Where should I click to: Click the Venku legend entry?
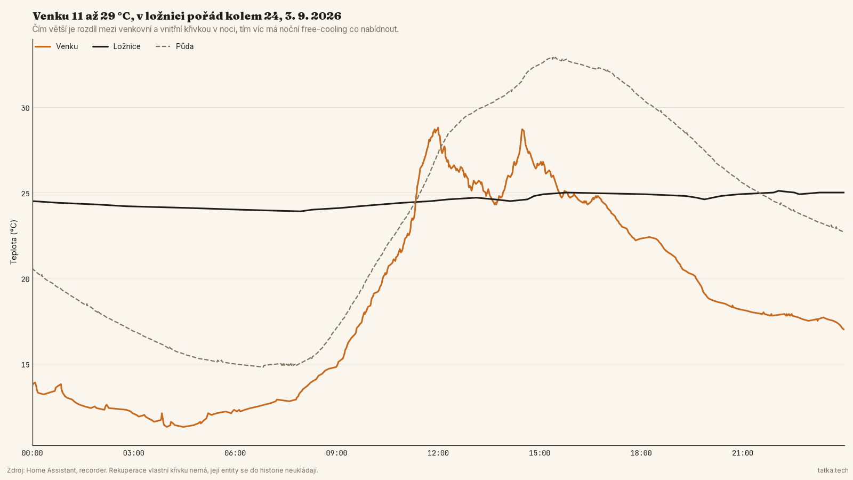pos(57,46)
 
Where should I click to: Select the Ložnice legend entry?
pos(117,46)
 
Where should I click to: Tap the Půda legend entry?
pos(175,46)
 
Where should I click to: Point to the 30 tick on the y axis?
pos(25,108)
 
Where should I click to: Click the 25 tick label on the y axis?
pos(25,194)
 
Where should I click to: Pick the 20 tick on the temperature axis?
pos(25,279)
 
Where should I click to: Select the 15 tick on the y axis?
pos(25,365)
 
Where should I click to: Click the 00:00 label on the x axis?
pos(33,453)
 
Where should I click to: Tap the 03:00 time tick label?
pos(134,453)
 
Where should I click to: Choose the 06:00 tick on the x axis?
pos(235,453)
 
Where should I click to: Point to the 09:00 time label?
pos(336,453)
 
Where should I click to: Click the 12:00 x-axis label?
pos(438,453)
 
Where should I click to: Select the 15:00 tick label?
pos(540,453)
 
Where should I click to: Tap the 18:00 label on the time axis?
pos(641,453)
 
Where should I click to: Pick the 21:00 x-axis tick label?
pos(743,453)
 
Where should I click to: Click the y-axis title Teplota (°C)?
pos(14,242)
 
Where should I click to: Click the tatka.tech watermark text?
pos(833,470)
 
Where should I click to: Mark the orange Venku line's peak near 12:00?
pos(438,127)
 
